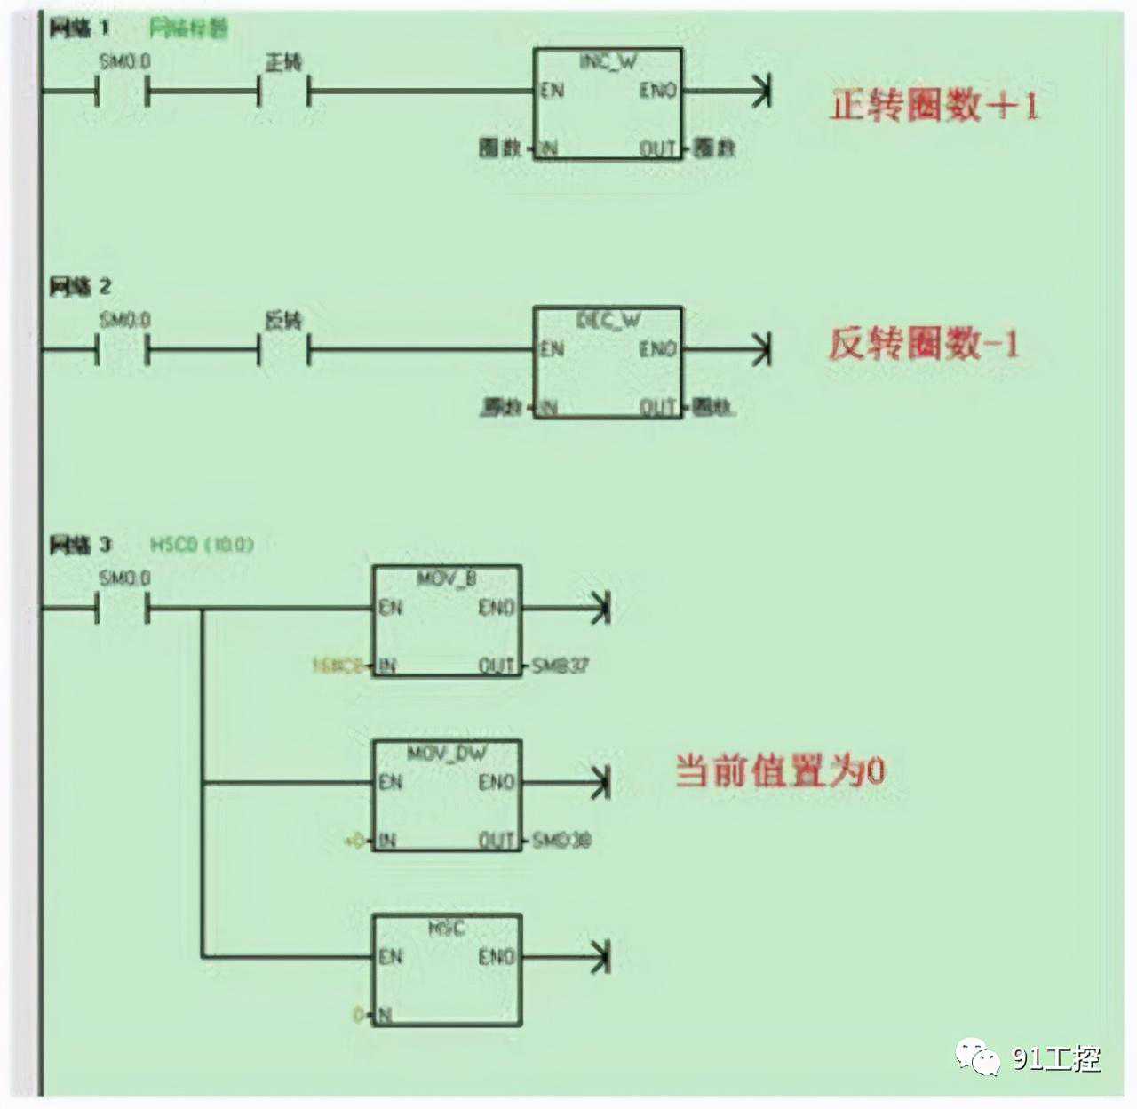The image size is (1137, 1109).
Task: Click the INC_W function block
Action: pyautogui.click(x=608, y=104)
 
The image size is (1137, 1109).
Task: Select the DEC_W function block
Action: pyautogui.click(x=608, y=362)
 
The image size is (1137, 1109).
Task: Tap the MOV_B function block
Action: pyautogui.click(x=447, y=620)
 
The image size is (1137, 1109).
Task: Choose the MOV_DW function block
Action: pyautogui.click(x=447, y=795)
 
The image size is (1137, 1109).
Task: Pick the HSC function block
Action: pyautogui.click(x=447, y=969)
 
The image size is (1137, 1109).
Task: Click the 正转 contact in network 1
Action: pyautogui.click(x=284, y=91)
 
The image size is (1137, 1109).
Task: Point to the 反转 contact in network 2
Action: pyautogui.click(x=284, y=349)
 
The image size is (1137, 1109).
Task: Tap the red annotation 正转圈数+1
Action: pyautogui.click(x=934, y=106)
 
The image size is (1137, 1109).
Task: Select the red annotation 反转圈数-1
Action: pyautogui.click(x=924, y=344)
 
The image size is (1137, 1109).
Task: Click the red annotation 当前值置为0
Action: pyautogui.click(x=780, y=770)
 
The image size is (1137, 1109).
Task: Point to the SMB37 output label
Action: pyautogui.click(x=560, y=666)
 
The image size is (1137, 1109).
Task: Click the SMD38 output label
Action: pyautogui.click(x=561, y=840)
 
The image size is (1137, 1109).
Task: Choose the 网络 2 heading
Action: pyautogui.click(x=80, y=286)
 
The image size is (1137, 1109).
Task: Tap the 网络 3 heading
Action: pyautogui.click(x=80, y=544)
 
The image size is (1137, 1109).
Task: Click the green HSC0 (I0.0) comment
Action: pyautogui.click(x=202, y=544)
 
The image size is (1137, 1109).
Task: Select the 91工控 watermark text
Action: pyautogui.click(x=1056, y=1057)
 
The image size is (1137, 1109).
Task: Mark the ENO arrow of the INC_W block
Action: pyautogui.click(x=760, y=91)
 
